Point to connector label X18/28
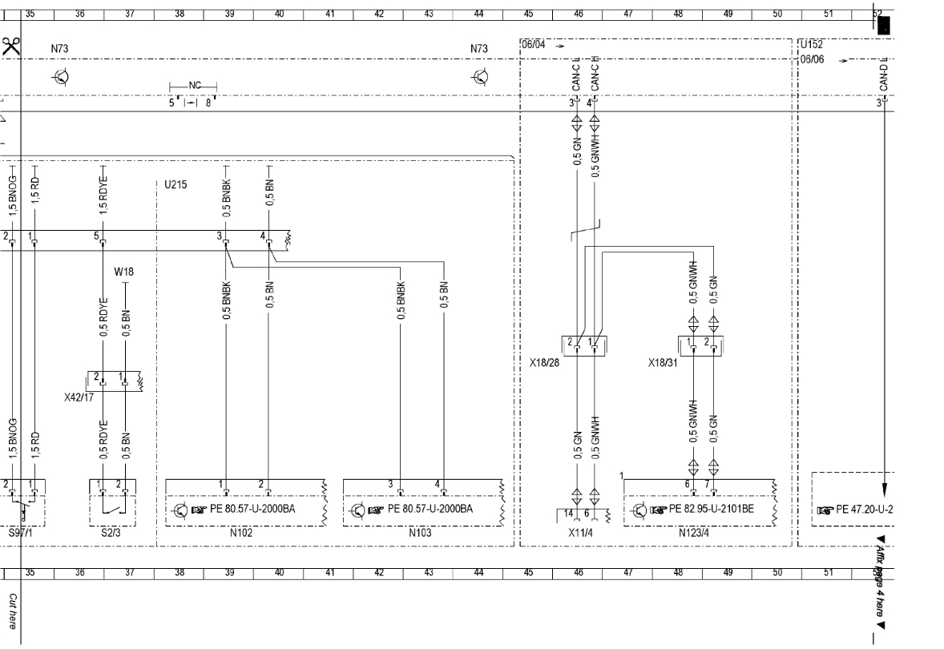(x=545, y=363)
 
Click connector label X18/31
(x=664, y=363)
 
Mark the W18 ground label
(x=123, y=271)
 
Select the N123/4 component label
(x=694, y=531)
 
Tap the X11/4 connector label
(x=579, y=531)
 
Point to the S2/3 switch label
(x=111, y=531)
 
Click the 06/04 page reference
(x=533, y=45)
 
